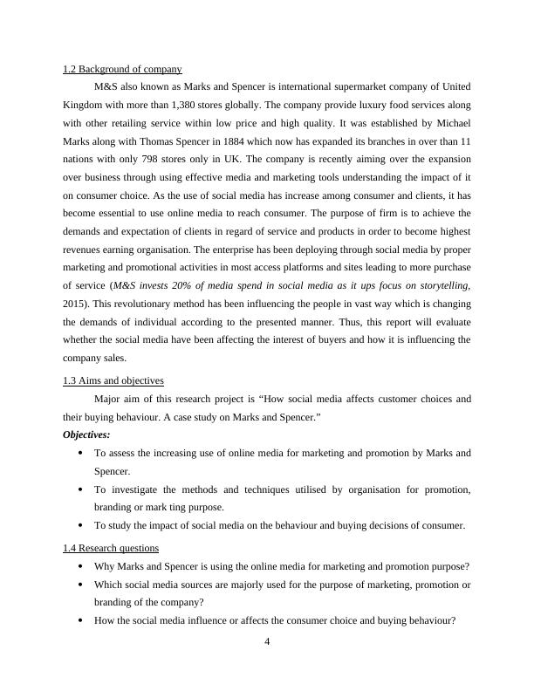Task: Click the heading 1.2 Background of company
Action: (122, 69)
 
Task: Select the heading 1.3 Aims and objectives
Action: (113, 380)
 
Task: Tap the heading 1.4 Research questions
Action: (111, 548)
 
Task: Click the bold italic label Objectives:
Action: (87, 434)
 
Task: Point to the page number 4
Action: (267, 642)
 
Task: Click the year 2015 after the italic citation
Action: (77, 304)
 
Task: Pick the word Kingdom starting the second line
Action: (85, 106)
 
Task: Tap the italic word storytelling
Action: (442, 285)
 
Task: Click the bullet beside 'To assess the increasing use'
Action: (81, 454)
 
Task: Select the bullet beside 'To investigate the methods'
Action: (81, 490)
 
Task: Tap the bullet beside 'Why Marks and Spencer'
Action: (81, 567)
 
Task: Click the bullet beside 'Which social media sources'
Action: (81, 585)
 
